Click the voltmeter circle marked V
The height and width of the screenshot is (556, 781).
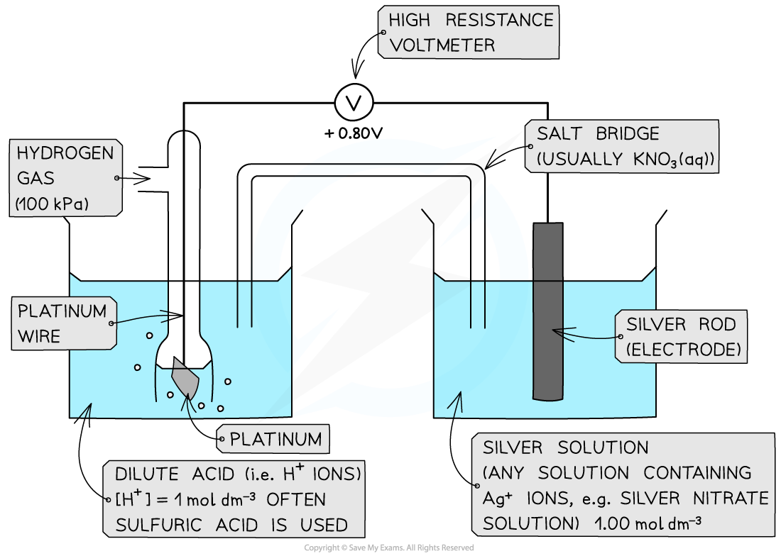coord(354,104)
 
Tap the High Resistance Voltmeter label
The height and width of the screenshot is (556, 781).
coord(469,33)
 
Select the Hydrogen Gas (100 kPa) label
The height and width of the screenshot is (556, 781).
coord(65,179)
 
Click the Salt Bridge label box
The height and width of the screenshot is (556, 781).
coord(622,146)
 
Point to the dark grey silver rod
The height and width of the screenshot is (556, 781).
coord(547,312)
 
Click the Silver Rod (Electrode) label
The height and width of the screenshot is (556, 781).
coord(682,337)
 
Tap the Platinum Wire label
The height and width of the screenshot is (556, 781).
coord(62,323)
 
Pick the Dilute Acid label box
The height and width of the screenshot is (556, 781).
coord(233,499)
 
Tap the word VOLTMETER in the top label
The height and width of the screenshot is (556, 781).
coord(442,45)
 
